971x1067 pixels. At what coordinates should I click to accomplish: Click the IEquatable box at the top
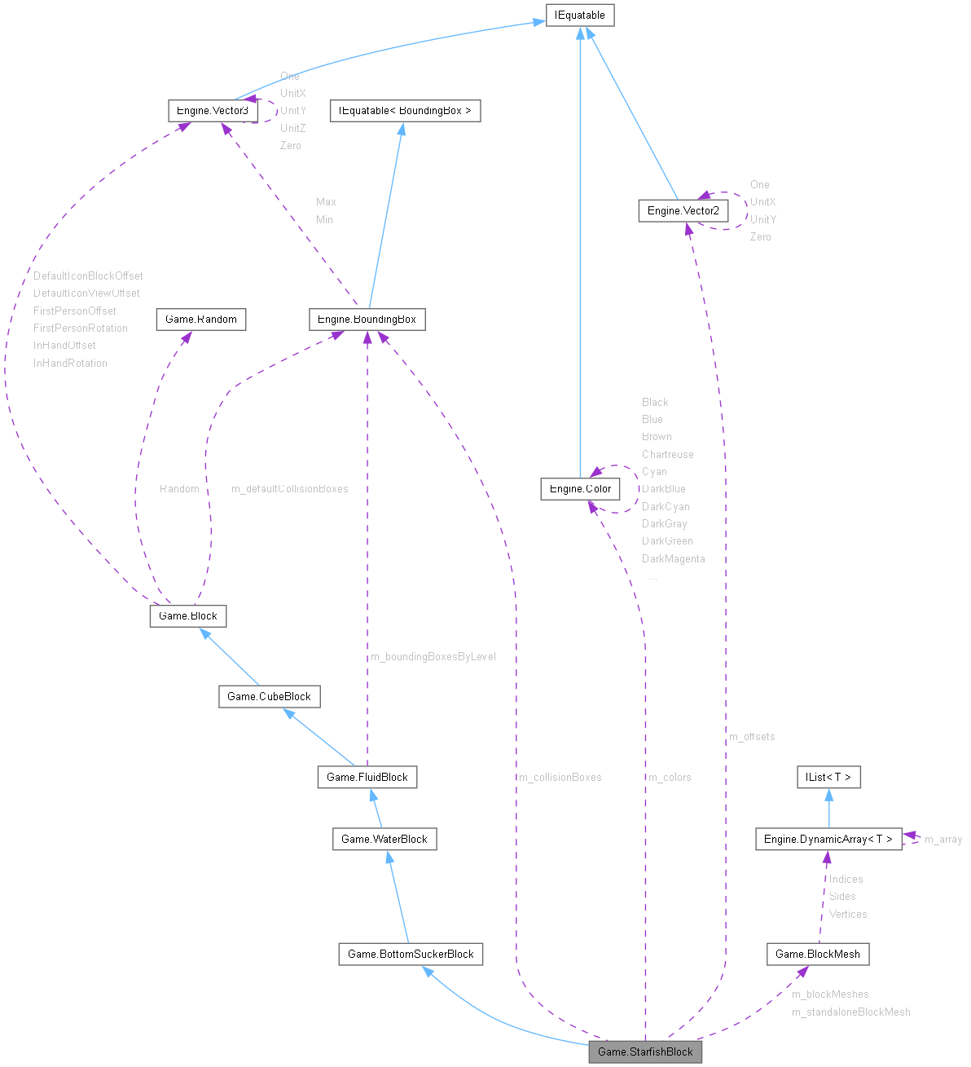coord(579,15)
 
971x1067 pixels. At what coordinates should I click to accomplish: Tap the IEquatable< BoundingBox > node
coord(404,111)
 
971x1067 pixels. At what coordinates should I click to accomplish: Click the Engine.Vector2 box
coord(682,211)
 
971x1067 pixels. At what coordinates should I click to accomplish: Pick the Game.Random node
coord(200,320)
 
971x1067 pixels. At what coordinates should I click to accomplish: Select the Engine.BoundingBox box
coord(367,320)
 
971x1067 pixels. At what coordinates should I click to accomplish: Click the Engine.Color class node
coord(580,489)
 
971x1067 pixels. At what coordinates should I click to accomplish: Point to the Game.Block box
coord(187,616)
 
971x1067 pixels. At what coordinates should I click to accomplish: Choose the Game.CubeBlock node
coord(269,697)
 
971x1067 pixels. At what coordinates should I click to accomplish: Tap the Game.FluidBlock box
coord(367,778)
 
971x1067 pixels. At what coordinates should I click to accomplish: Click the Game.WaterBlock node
coord(384,840)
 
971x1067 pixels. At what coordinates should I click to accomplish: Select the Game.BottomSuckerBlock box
coord(411,955)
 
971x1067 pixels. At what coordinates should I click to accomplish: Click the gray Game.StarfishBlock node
coord(645,1052)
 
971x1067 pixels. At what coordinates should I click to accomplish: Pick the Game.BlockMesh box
coord(818,955)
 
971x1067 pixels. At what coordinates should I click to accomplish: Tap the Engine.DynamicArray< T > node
coord(828,840)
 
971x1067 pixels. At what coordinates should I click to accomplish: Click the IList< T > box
coord(828,778)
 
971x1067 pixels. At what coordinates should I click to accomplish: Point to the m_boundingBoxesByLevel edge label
coord(433,657)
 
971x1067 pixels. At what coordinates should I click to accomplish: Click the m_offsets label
coord(752,737)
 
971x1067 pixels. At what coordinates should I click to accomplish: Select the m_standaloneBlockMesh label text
coord(850,1012)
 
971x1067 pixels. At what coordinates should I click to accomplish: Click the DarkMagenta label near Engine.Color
coord(673,559)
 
